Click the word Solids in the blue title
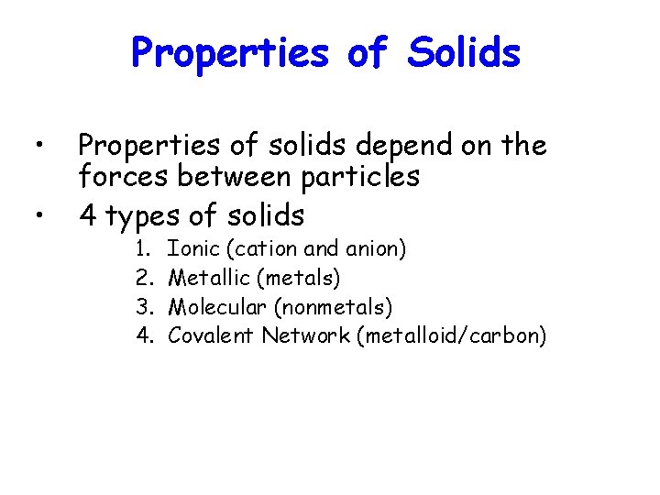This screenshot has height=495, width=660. pos(465,52)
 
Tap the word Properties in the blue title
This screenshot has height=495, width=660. pos(230,53)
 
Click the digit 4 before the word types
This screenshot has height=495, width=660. pos(89,216)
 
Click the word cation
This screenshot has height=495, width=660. pos(262,248)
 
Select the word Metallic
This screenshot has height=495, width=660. pos(209,277)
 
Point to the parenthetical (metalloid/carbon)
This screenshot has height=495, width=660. pos(454,336)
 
